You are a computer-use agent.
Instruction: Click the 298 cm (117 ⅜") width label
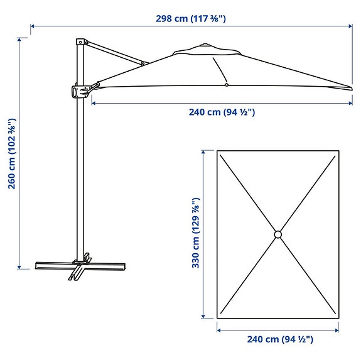[x=191, y=18]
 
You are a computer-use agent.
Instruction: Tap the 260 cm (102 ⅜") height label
[x=10, y=153]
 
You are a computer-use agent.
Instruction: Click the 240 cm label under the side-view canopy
[x=222, y=112]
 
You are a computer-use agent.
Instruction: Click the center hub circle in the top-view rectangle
[x=278, y=234]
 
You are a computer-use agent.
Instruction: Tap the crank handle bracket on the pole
[x=78, y=92]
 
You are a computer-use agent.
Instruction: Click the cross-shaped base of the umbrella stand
[x=78, y=267]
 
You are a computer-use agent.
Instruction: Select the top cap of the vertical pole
[x=80, y=41]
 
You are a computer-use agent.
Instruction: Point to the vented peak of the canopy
[x=206, y=46]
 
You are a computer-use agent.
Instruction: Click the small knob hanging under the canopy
[x=225, y=85]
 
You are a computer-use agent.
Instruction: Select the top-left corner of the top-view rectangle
[x=217, y=151]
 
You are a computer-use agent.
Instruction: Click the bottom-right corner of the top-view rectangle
[x=339, y=317]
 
